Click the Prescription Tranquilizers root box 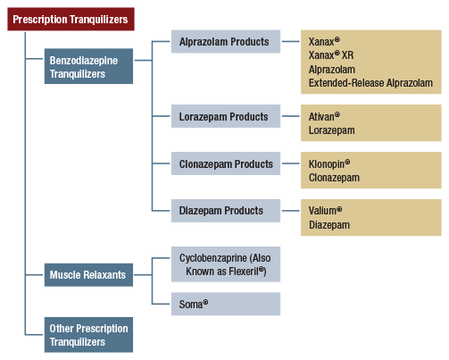coord(71,19)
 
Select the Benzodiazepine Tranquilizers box coord(89,68)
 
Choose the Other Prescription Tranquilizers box coord(89,335)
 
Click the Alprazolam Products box coord(225,42)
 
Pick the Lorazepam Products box coord(225,117)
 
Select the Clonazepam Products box coord(225,164)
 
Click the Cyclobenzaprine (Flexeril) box coord(225,265)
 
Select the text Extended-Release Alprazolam coord(370,83)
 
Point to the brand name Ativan coord(324,116)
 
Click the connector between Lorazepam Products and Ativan coord(291,117)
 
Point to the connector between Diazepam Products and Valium coord(291,211)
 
